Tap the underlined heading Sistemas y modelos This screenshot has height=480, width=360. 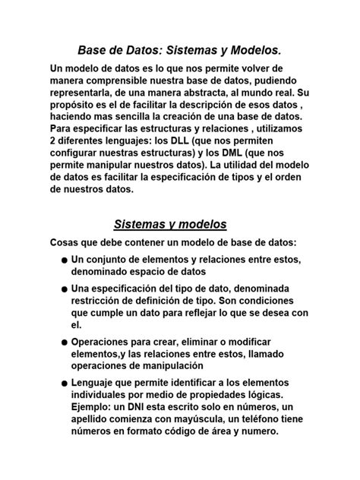coord(170,224)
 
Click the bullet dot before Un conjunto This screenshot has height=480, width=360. coord(65,261)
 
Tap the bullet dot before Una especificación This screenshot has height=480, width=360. coord(65,289)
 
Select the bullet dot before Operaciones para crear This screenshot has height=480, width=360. coord(65,343)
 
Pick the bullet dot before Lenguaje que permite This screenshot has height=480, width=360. coord(65,384)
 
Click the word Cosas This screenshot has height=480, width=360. coord(67,242)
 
